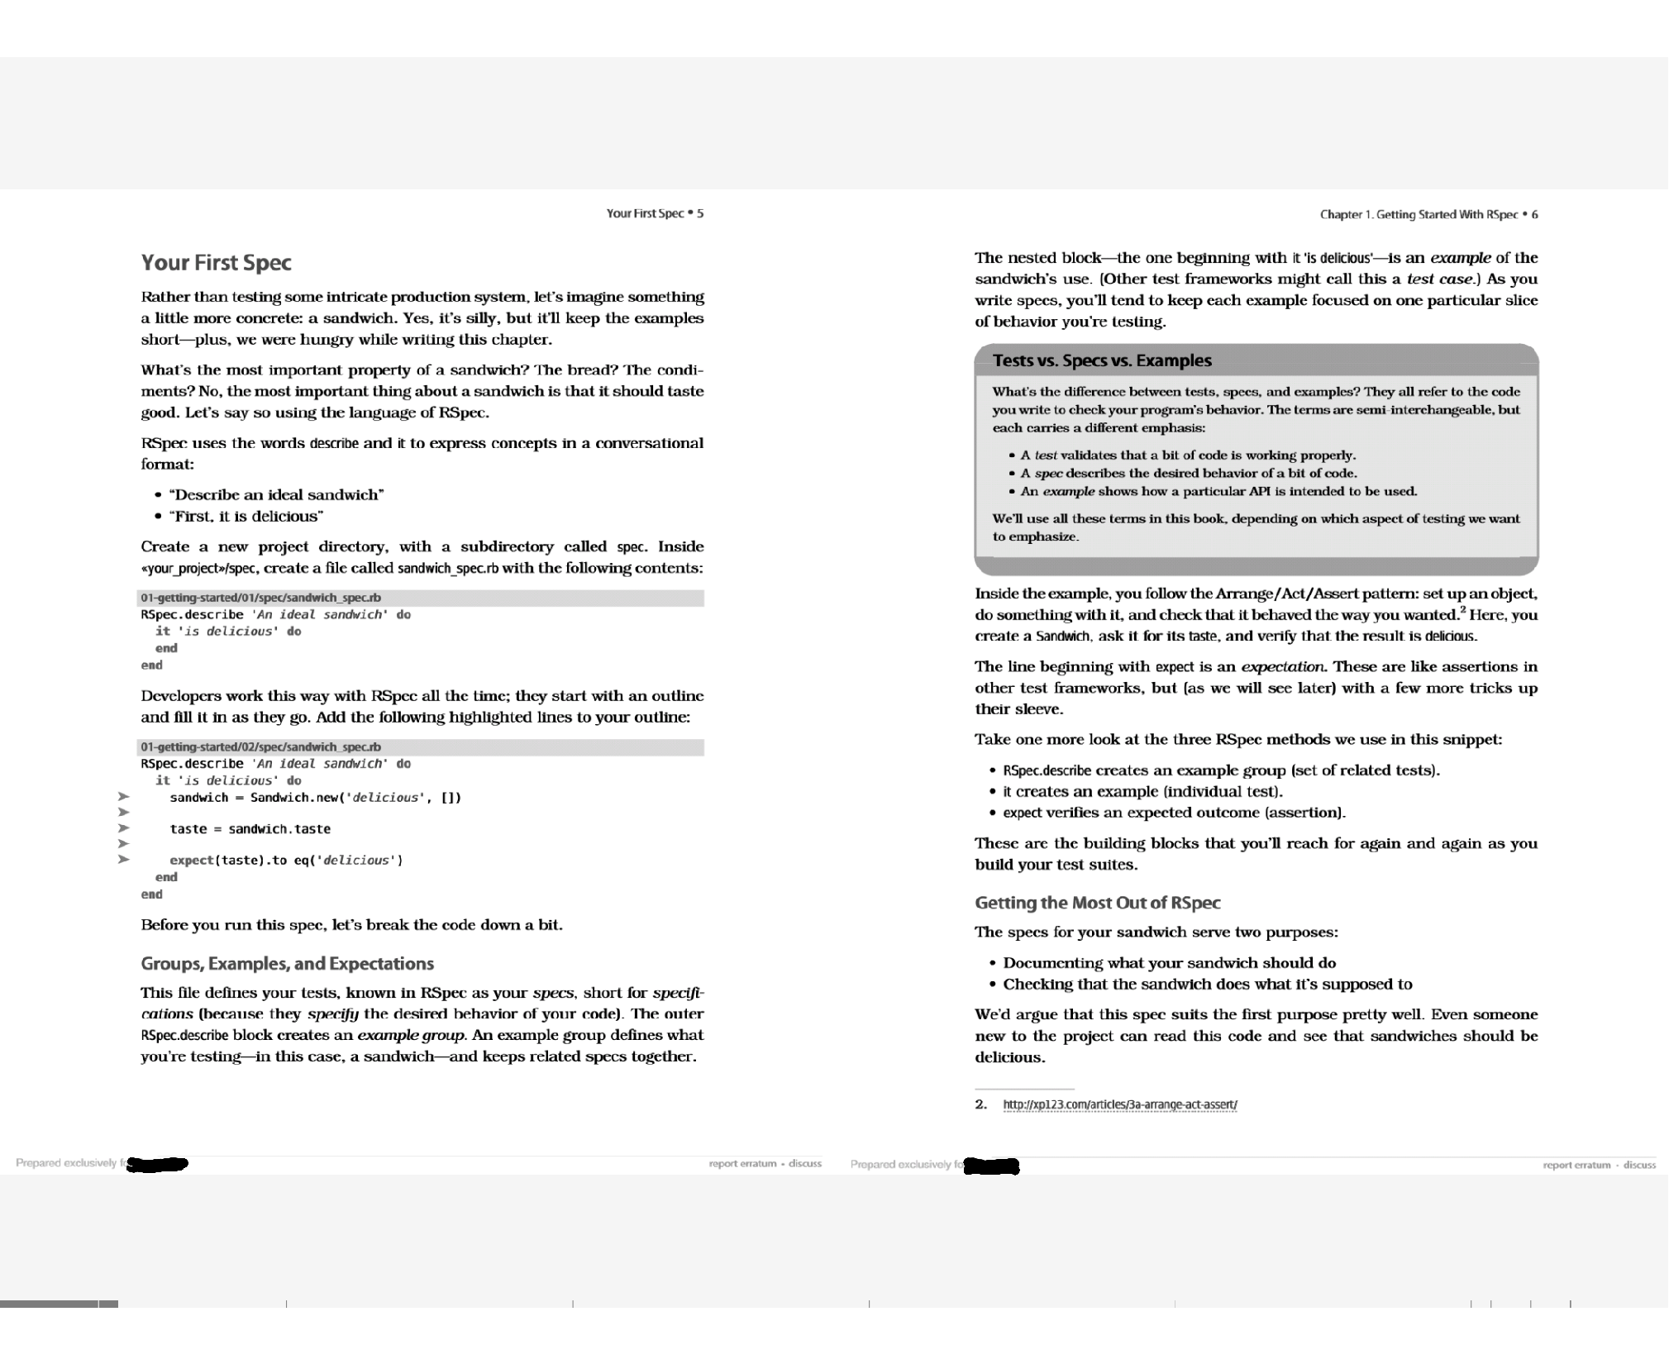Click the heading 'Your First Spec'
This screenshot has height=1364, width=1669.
point(216,263)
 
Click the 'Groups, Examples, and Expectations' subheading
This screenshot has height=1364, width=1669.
point(287,964)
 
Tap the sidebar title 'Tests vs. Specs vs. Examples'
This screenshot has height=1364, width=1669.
point(1102,360)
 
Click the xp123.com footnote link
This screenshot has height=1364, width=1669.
point(1119,1104)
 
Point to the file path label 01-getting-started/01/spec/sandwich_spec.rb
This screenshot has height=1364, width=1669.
point(260,598)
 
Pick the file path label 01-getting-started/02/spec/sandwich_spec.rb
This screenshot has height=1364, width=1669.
point(260,746)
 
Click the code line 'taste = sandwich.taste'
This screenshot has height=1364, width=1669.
point(250,829)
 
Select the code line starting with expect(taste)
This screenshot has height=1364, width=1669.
point(286,861)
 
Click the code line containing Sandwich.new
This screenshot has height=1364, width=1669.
point(315,798)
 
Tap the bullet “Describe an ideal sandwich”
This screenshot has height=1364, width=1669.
point(276,495)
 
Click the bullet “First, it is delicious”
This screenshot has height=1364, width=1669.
point(246,517)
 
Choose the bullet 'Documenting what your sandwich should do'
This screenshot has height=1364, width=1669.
point(1169,963)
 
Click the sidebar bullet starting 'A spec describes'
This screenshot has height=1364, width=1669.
point(1188,474)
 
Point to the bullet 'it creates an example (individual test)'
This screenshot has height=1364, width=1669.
point(1142,792)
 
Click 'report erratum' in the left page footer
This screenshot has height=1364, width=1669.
point(742,1164)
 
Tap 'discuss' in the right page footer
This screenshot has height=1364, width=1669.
point(1639,1166)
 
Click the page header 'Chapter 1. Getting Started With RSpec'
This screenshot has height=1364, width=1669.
point(1419,215)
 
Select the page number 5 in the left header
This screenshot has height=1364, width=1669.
point(699,213)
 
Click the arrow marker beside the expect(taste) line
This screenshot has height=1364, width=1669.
point(123,860)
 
